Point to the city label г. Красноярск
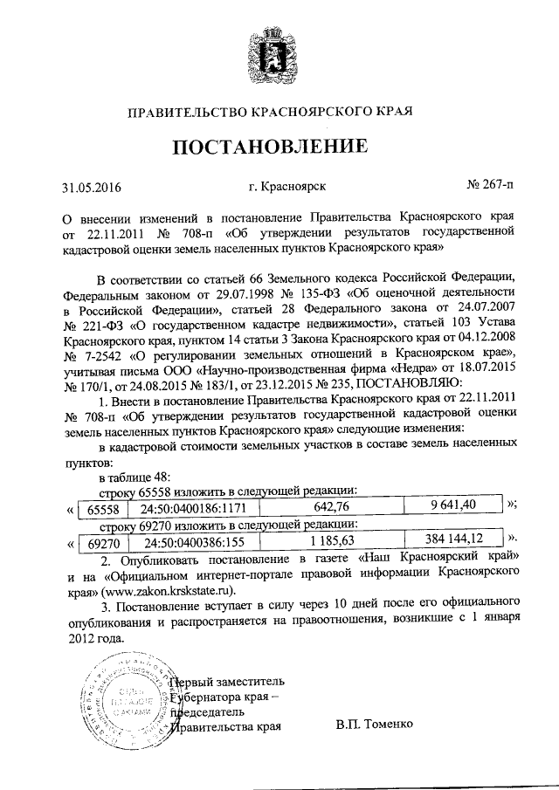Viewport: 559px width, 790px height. pyautogui.click(x=282, y=186)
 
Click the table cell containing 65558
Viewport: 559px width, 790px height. pyautogui.click(x=95, y=505)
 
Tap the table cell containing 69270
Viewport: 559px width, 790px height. pyautogui.click(x=95, y=540)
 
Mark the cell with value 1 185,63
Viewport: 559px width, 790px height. pyautogui.click(x=331, y=539)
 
